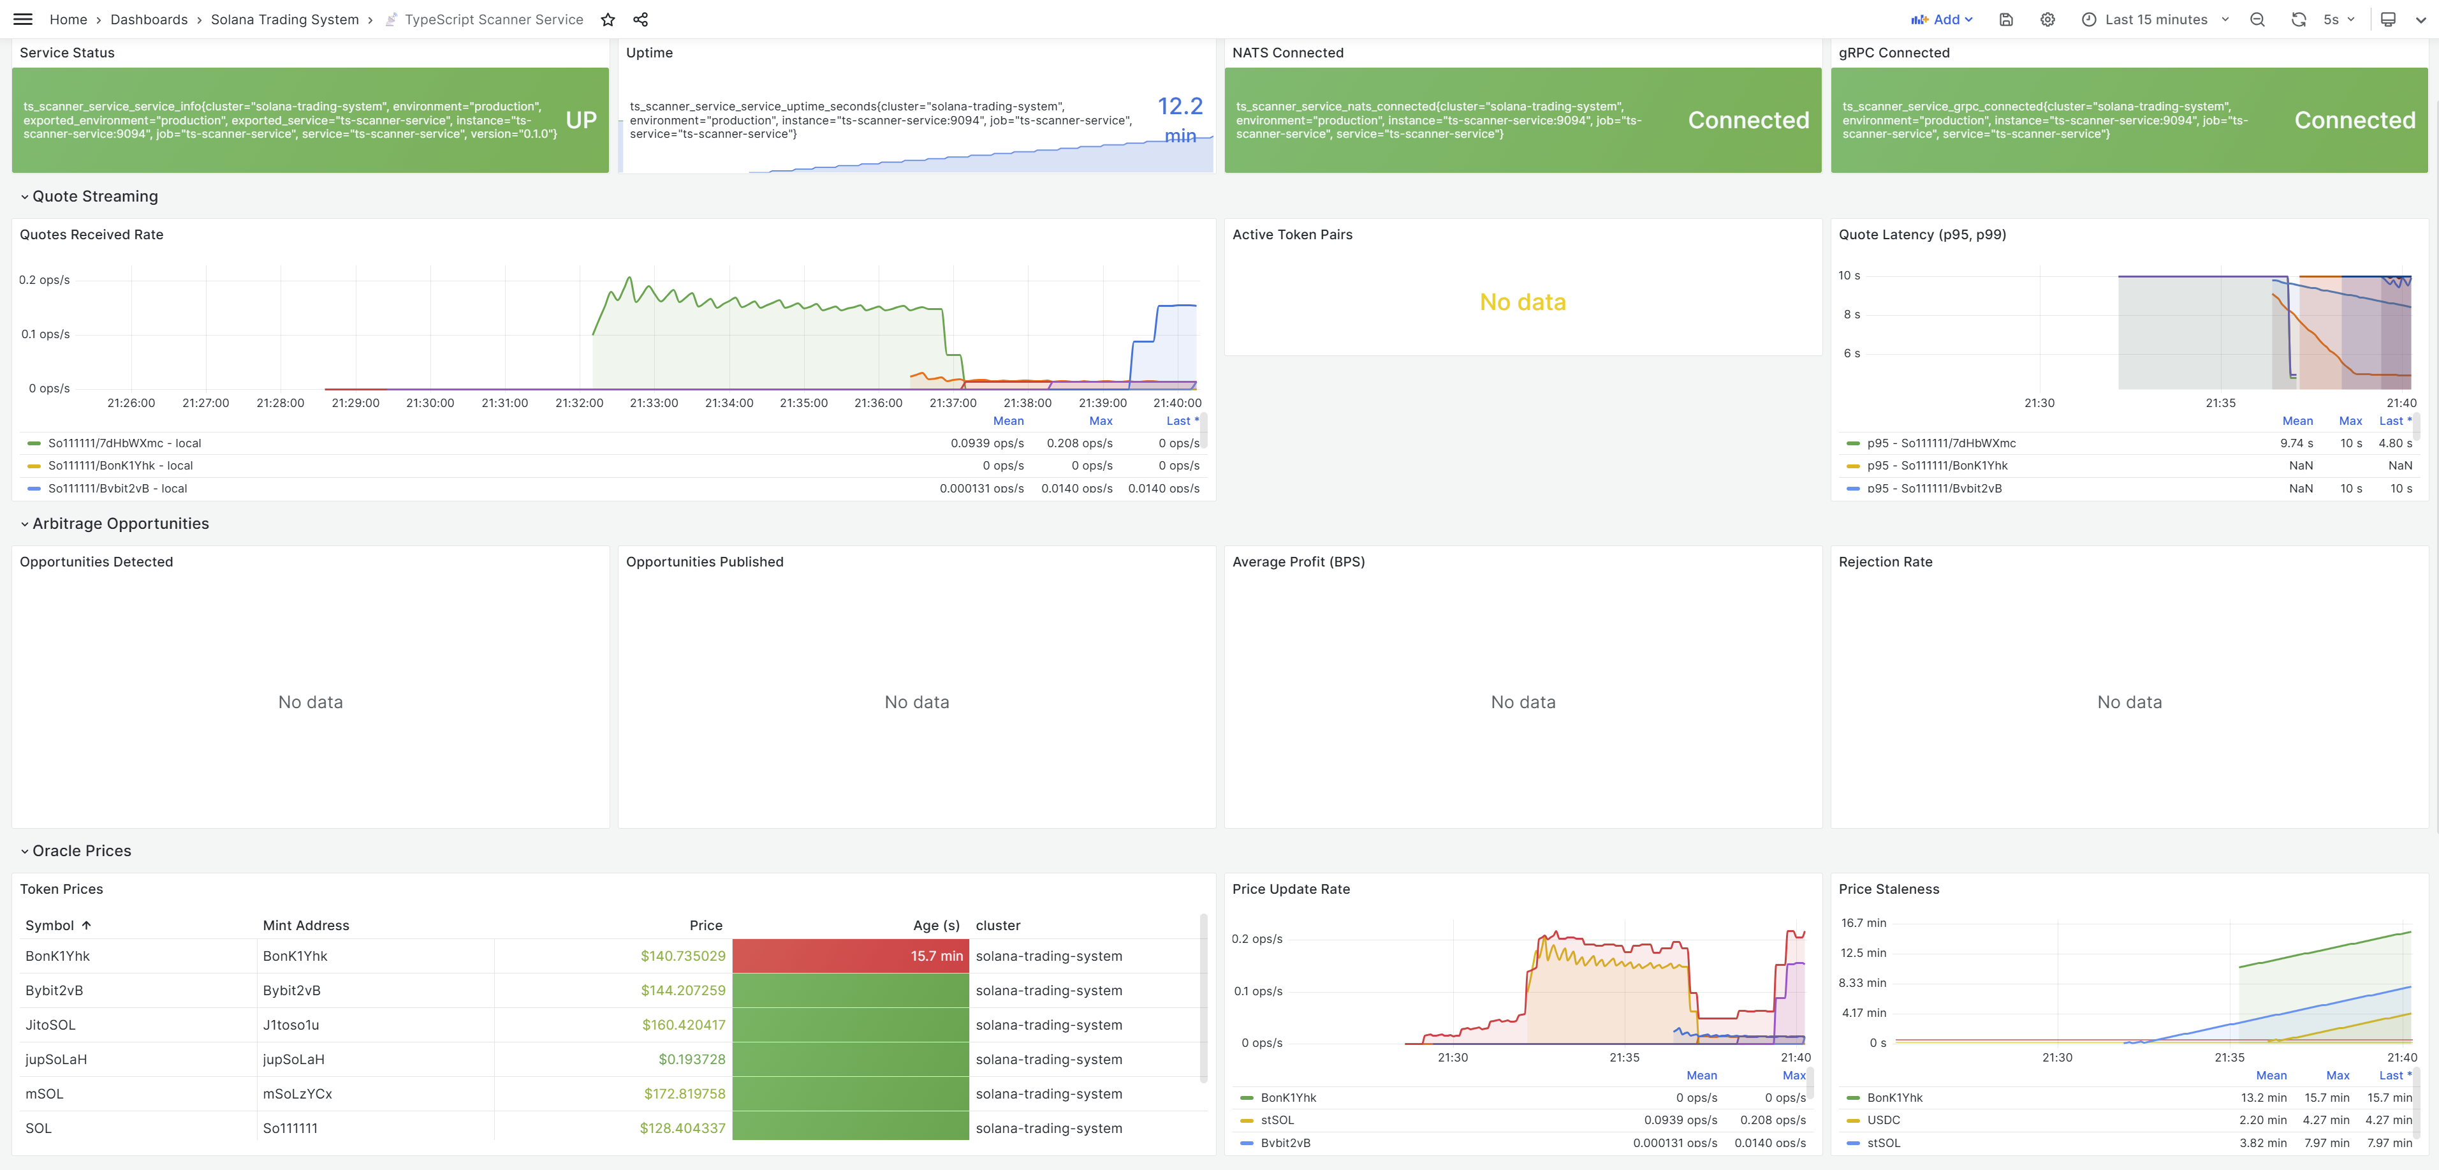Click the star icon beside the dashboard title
click(608, 20)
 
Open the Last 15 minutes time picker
click(2155, 20)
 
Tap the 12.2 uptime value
click(1180, 106)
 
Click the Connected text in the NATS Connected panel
click(1748, 121)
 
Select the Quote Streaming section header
click(94, 196)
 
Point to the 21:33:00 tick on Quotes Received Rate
click(654, 403)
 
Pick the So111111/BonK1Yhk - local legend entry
click(121, 465)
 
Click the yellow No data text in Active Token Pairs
click(1523, 302)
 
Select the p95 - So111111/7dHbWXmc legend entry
click(1941, 443)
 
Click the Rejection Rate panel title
click(1885, 562)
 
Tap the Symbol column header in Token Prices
click(49, 926)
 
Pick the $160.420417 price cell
click(683, 1025)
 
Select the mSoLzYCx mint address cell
click(297, 1093)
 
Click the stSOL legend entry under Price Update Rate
click(1277, 1120)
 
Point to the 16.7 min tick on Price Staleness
click(1863, 922)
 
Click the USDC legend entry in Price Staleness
click(1883, 1120)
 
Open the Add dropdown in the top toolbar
click(1942, 20)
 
